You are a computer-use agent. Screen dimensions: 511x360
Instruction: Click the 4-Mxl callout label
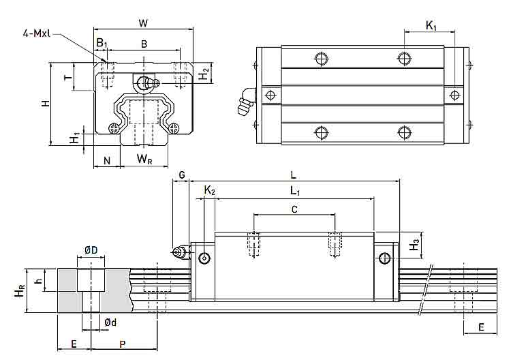(37, 33)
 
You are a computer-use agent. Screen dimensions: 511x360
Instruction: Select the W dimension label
(143, 23)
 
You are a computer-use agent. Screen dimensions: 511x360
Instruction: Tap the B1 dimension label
(102, 43)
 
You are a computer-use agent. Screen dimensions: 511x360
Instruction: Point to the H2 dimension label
(204, 74)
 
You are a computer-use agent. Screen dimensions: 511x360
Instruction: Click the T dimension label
(67, 78)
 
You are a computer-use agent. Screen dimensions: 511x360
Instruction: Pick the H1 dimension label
(75, 138)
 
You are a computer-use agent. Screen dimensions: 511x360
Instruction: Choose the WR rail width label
(144, 159)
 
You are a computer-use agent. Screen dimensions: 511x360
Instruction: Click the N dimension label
(107, 160)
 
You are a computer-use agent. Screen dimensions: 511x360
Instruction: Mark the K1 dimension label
(431, 25)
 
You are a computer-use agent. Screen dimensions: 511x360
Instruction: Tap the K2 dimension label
(210, 190)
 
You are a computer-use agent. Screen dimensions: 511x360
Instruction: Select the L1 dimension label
(295, 191)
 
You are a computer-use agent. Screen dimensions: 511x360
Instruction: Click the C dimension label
(294, 209)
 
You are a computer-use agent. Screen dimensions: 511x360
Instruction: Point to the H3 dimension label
(414, 245)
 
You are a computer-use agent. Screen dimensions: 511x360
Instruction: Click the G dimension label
(182, 175)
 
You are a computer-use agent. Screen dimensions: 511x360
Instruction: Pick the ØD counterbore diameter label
(91, 250)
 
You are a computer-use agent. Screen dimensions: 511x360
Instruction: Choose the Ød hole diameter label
(110, 322)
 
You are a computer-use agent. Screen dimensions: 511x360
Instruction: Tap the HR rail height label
(20, 290)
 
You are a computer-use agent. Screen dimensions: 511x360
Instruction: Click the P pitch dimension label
(123, 344)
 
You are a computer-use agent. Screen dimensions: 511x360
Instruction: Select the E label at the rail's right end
(481, 327)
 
